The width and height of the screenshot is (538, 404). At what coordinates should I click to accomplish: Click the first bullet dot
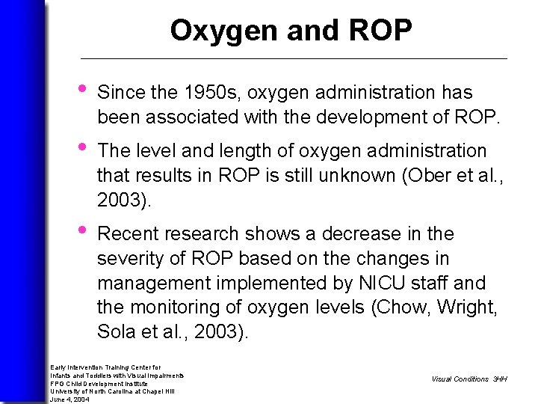[84, 91]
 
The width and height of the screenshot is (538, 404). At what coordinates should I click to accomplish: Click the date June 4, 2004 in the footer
[70, 400]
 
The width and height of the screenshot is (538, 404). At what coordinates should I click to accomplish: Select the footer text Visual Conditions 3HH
[469, 379]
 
